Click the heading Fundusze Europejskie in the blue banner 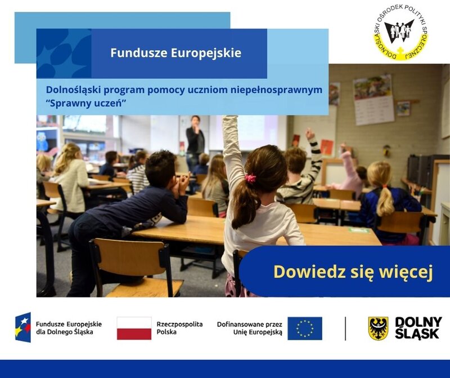point(175,53)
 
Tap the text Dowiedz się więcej point(353,272)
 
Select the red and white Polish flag point(134,328)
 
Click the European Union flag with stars point(304,328)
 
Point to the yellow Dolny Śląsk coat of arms point(378,328)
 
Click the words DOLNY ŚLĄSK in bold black point(417,328)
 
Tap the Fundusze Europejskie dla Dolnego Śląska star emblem point(23,328)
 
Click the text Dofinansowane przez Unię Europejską point(249,328)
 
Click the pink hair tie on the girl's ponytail point(250,179)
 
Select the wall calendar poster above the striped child point(373,100)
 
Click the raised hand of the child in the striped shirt point(309,134)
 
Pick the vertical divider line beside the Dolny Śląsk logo point(345,328)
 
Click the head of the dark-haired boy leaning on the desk point(161,166)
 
